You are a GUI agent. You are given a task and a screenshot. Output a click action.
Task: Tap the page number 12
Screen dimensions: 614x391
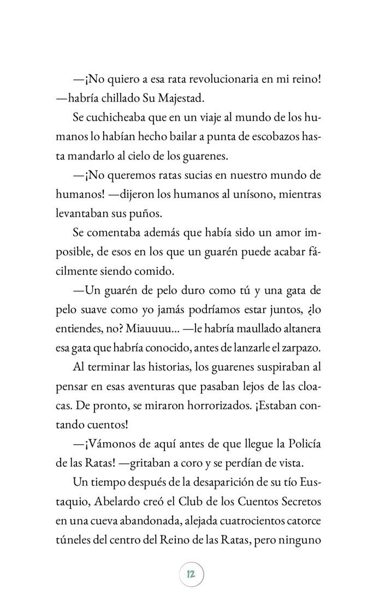[x=191, y=575]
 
